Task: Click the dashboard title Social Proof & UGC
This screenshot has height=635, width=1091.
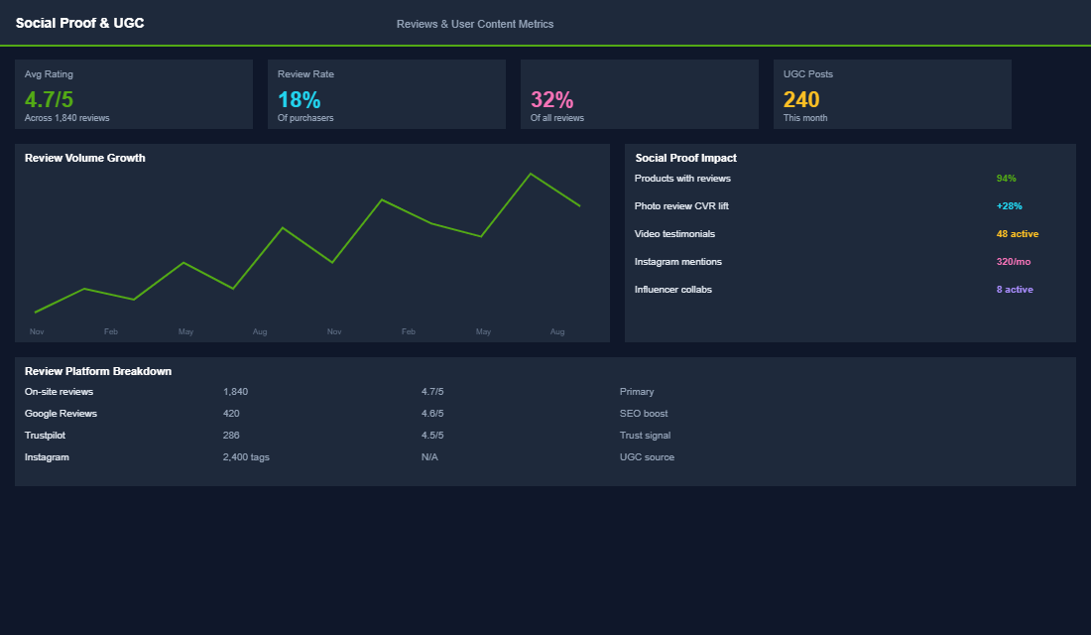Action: click(x=79, y=23)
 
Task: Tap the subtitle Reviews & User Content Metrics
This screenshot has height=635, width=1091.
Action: click(x=475, y=24)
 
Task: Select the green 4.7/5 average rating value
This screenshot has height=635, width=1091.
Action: click(x=49, y=99)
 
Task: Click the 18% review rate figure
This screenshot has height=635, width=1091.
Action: click(x=299, y=99)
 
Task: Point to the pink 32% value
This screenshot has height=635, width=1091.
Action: click(x=551, y=99)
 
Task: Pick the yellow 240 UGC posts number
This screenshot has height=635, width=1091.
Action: click(x=801, y=99)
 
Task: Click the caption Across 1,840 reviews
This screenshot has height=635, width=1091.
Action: click(x=67, y=118)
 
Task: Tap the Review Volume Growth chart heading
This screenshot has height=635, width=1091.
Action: click(x=85, y=158)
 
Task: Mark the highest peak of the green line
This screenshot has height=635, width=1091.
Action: click(x=531, y=174)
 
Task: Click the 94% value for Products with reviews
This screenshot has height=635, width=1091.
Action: click(x=1006, y=179)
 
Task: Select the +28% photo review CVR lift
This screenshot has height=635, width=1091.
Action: click(x=1009, y=206)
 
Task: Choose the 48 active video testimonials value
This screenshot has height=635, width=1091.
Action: click(x=1017, y=234)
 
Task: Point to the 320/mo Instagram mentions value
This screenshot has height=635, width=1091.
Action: click(x=1014, y=262)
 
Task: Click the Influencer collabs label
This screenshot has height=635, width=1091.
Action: click(x=672, y=290)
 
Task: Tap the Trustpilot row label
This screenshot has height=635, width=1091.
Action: click(x=46, y=436)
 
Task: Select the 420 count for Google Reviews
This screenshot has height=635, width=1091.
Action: click(x=231, y=414)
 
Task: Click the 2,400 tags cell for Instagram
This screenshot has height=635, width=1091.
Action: click(x=246, y=457)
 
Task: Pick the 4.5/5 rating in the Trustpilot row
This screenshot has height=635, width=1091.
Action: click(x=432, y=436)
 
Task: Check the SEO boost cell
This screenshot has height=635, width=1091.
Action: click(x=644, y=414)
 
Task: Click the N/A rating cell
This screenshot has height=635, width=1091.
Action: click(x=429, y=457)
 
